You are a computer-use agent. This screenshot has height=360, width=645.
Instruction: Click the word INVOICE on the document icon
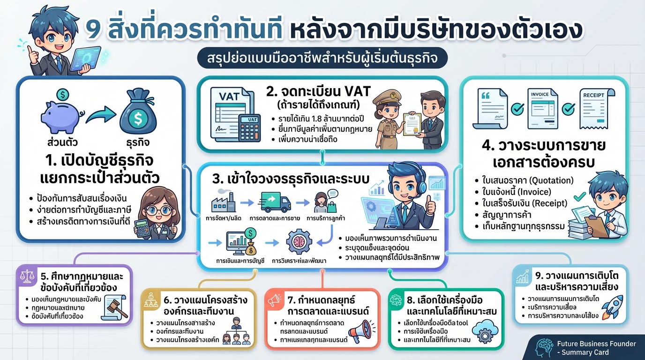click(x=540, y=94)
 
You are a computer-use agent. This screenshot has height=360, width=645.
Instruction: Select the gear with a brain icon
click(x=299, y=241)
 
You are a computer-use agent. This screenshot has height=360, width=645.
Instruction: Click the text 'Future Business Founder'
click(x=597, y=344)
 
